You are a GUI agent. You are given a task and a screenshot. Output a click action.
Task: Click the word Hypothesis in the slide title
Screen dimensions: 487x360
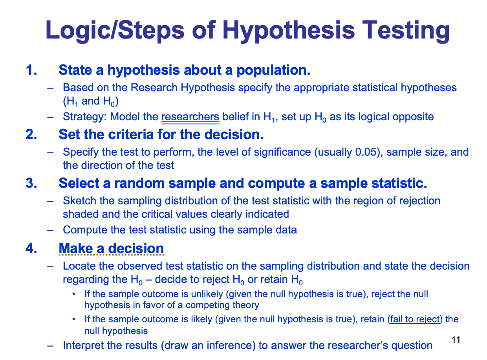click(288, 31)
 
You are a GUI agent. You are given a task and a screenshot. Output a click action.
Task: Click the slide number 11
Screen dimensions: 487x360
click(455, 340)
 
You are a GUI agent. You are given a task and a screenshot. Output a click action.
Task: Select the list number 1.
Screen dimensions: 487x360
click(31, 70)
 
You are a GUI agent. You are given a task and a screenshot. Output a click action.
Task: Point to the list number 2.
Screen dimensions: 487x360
click(31, 134)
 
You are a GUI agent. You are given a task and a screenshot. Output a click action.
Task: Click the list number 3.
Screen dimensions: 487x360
click(31, 183)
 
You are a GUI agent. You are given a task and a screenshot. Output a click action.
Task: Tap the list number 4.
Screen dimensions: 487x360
click(31, 248)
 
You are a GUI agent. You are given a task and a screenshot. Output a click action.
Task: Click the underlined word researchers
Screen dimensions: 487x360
click(190, 117)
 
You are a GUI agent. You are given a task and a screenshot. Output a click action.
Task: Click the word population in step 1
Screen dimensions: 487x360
click(273, 70)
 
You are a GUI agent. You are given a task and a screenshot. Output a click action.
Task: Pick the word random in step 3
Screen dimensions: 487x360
click(139, 183)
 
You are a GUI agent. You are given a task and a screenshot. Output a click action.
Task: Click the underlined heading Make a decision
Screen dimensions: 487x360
click(111, 248)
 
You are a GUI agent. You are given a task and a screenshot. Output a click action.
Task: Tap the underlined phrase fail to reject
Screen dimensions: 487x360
click(415, 319)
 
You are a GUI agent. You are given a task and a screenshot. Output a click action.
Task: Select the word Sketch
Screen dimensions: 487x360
click(79, 201)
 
